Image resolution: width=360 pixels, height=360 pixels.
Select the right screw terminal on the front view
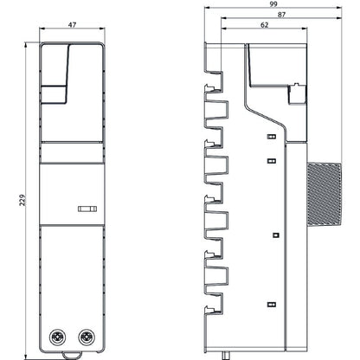click(86, 336)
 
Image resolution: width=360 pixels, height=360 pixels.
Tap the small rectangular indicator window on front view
click(87, 209)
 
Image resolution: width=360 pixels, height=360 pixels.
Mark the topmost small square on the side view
click(271, 137)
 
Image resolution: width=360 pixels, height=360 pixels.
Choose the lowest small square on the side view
click(272, 303)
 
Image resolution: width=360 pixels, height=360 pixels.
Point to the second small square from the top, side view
click(271, 159)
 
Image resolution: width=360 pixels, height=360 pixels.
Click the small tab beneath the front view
click(73, 354)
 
